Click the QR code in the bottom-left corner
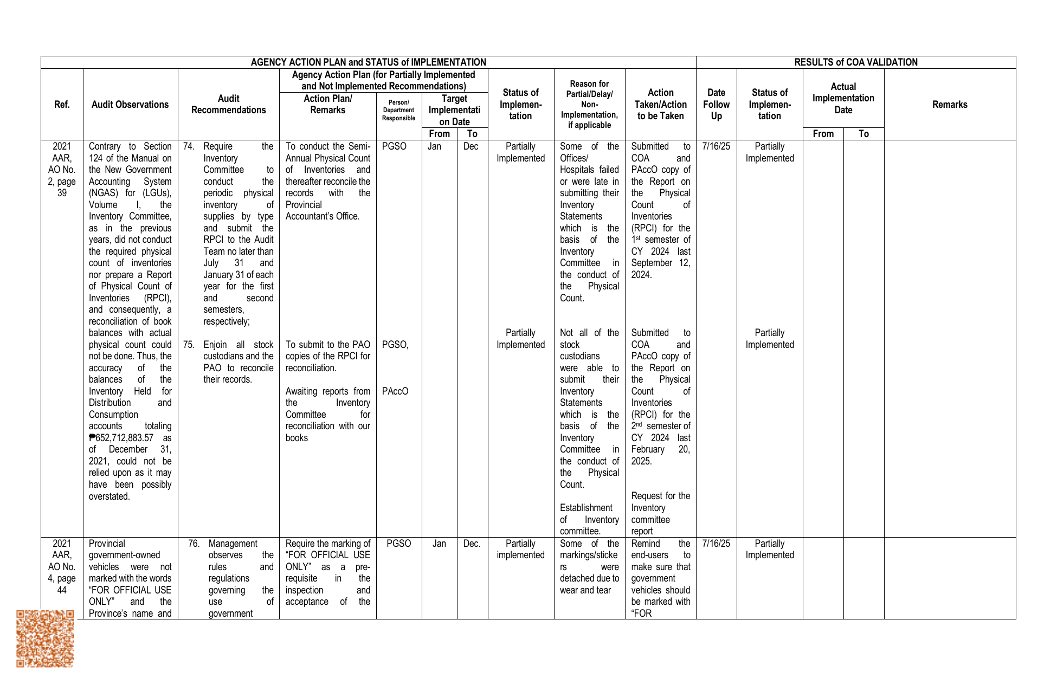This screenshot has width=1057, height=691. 45,638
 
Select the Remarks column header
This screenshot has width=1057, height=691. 949,105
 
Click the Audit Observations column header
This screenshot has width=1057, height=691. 130,105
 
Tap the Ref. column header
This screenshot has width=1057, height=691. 62,105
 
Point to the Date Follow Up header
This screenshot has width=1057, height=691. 716,105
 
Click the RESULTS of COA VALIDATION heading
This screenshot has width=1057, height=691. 855,62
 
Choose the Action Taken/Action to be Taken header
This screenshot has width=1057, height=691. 660,105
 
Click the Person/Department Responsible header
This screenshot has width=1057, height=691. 398,110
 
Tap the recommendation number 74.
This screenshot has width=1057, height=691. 189,146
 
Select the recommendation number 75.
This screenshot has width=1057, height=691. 189,345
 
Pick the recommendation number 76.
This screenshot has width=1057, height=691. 194,544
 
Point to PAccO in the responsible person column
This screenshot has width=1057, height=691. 395,391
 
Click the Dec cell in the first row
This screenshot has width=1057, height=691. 471,146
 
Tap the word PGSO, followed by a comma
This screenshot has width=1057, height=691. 395,345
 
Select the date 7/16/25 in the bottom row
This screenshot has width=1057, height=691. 716,544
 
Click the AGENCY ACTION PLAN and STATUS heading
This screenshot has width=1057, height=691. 368,62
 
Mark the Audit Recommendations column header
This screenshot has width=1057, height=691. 228,105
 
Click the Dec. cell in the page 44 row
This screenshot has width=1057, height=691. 472,544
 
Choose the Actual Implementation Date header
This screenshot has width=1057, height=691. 843,98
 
